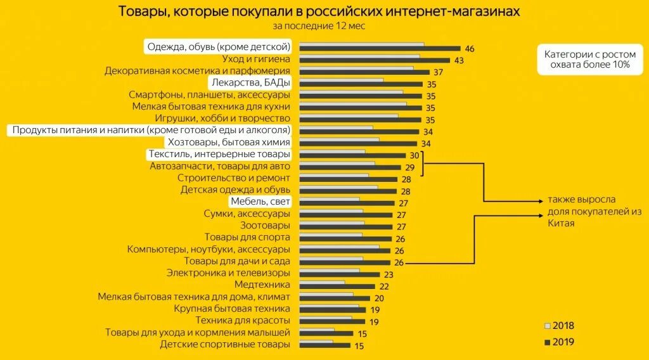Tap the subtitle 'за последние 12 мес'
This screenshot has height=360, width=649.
[319, 26]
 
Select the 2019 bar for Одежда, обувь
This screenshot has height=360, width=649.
[379, 49]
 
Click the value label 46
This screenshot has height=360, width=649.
[470, 49]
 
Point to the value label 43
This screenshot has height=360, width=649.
[459, 60]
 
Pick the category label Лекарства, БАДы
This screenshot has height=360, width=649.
[250, 83]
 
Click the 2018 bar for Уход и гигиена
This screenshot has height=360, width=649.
[359, 56]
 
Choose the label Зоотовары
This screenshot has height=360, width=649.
[265, 225]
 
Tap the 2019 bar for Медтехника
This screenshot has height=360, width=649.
[337, 286]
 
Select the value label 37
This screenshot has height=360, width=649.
[439, 72]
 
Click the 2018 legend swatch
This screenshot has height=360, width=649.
[548, 326]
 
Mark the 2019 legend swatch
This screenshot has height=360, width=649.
[548, 342]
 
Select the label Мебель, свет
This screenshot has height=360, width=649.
[260, 202]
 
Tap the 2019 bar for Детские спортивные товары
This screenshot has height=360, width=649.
[324, 345]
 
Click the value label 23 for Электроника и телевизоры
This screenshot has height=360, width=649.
[389, 274]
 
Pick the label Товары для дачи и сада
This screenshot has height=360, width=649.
[237, 260]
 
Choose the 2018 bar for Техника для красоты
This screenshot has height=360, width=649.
[325, 318]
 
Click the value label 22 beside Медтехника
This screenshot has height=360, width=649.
[384, 286]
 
